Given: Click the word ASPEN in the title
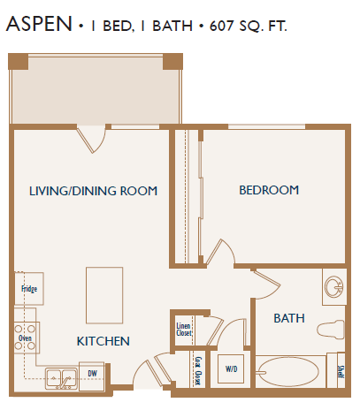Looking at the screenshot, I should point(39,25).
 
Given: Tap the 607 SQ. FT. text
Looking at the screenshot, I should point(249,26).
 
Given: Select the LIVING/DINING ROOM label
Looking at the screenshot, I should point(93,191).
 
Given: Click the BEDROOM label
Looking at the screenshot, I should point(269,190).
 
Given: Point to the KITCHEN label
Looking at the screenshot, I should point(103,341).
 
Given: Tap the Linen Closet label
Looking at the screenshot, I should point(184,329).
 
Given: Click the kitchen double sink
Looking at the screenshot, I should point(60,377).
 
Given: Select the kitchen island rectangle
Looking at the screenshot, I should point(103,296).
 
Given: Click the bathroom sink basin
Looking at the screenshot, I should point(334,288).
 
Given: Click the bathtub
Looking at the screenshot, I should point(293,371).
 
